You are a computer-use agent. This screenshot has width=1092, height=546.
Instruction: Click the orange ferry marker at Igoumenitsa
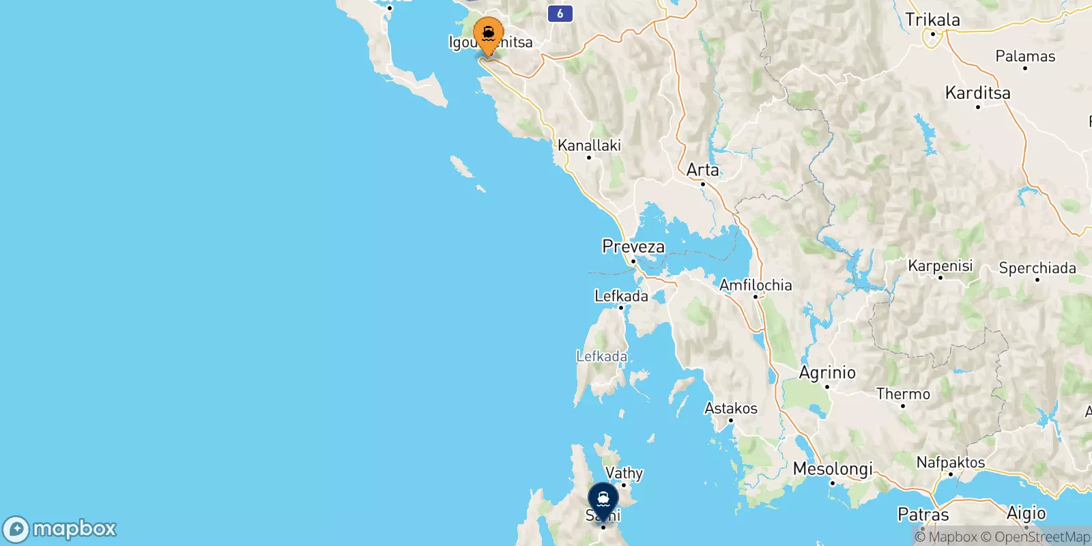point(488,34)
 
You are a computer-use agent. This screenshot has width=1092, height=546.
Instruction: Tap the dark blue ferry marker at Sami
point(603,500)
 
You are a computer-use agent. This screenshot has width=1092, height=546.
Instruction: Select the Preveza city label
point(633,246)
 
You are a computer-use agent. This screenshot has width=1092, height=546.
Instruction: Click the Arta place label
point(702,170)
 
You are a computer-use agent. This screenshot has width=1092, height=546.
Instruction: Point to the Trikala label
point(932,20)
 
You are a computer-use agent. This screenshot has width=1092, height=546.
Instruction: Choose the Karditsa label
point(977,93)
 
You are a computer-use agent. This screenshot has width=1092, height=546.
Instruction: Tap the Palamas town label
point(1025,57)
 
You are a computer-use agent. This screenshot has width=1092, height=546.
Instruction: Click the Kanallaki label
point(589,145)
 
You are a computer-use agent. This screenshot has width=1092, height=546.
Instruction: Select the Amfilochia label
point(756,285)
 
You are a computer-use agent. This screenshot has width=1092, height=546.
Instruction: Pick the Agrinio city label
point(827,373)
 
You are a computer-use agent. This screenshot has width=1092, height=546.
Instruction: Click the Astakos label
point(731,408)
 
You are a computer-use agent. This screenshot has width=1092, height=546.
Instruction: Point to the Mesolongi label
point(833,470)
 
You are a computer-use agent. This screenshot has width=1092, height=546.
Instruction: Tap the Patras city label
point(923,514)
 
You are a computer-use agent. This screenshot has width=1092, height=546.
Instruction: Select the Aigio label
point(1026,513)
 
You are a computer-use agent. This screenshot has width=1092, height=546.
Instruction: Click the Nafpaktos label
point(951,463)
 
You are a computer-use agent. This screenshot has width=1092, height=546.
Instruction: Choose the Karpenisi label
point(940,265)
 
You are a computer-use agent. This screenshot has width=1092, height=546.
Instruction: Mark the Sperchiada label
point(1037,268)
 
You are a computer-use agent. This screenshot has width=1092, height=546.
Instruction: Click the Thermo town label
point(903,394)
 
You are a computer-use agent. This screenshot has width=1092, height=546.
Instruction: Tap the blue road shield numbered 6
point(560,13)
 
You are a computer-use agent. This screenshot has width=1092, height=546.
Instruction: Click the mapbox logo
point(60,529)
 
